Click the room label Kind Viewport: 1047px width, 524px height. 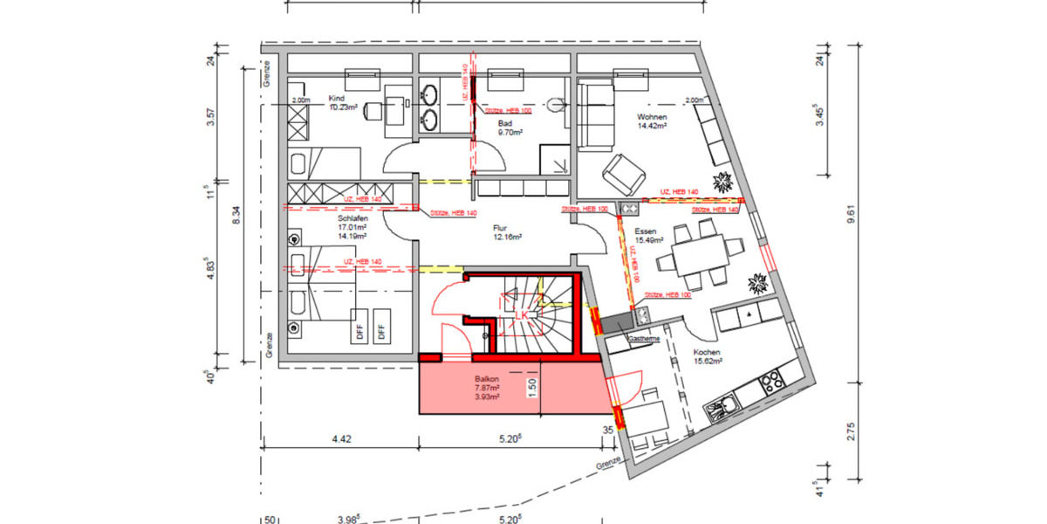click(x=338, y=98)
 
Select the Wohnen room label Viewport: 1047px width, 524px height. click(x=652, y=117)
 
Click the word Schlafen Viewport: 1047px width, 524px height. click(x=352, y=219)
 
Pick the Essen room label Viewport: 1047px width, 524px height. click(x=647, y=231)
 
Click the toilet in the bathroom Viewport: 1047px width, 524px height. click(x=555, y=107)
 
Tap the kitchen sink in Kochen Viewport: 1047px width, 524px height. click(x=722, y=406)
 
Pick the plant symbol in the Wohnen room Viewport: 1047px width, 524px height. click(x=723, y=183)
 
